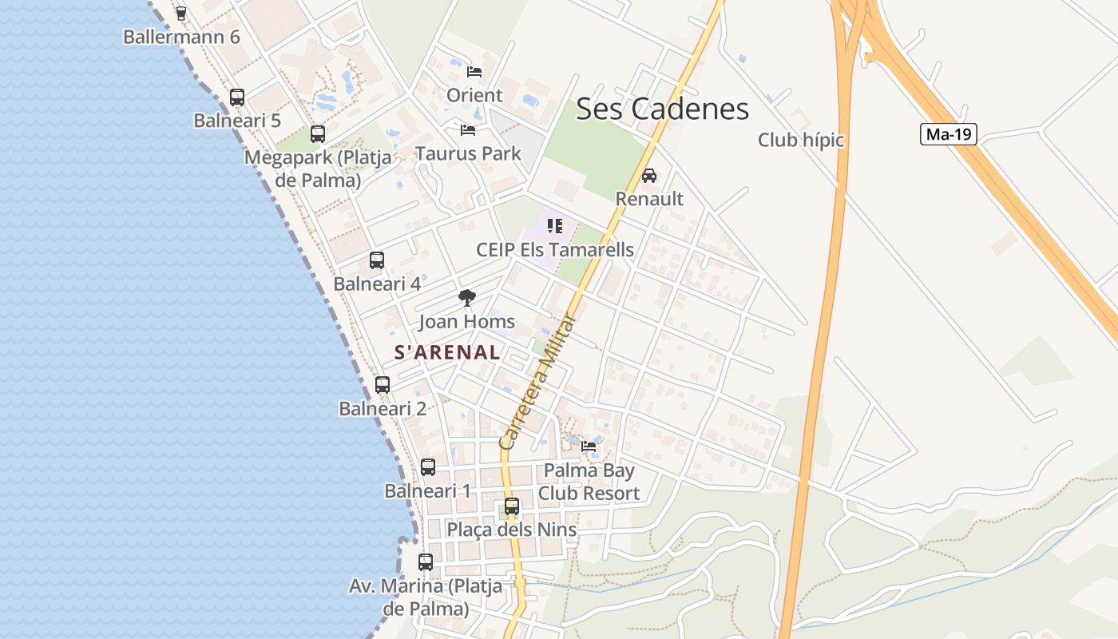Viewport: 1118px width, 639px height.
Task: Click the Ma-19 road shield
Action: click(x=949, y=134)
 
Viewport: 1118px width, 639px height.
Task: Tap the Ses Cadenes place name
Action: click(x=662, y=109)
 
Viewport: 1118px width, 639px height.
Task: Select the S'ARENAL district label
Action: click(x=447, y=352)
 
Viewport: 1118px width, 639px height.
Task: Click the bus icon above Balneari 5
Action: click(x=237, y=97)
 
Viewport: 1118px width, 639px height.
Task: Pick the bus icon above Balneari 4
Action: click(x=377, y=260)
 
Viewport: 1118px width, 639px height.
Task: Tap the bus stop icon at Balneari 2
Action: click(x=383, y=385)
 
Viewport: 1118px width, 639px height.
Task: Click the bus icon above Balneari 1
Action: click(x=428, y=467)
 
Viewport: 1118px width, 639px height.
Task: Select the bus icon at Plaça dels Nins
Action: click(x=512, y=506)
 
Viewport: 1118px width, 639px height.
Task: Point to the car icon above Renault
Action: click(x=649, y=176)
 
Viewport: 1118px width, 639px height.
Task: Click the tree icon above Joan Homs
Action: click(x=467, y=299)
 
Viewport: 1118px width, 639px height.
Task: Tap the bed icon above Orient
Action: click(x=474, y=72)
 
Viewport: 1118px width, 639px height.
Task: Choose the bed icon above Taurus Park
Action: click(x=468, y=130)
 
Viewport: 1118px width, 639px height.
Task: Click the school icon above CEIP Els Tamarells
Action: click(x=555, y=226)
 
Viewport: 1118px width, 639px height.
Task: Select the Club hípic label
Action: click(x=801, y=141)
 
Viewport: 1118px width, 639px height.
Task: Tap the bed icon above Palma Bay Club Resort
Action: click(x=589, y=447)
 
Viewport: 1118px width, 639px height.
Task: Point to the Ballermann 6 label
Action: click(x=181, y=37)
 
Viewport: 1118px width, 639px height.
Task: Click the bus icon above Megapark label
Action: click(x=318, y=134)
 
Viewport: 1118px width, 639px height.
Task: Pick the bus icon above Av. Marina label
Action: click(x=426, y=562)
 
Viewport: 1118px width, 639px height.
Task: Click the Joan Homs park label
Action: click(x=467, y=323)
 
